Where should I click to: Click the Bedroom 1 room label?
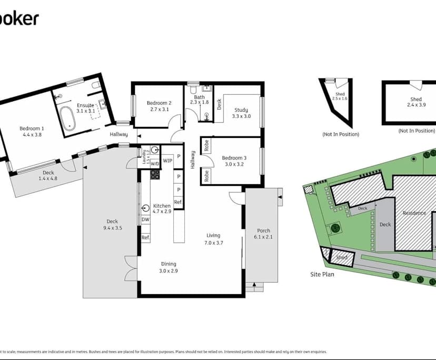32,128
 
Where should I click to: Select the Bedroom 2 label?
158,103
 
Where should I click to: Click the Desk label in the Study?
219,104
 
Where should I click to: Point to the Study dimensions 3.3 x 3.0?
242,116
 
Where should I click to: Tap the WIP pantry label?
167,161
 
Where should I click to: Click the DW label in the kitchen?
145,219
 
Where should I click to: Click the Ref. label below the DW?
145,238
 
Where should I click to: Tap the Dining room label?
169,264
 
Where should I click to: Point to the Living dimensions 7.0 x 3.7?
213,243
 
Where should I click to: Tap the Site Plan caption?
322,274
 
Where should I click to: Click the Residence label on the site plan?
414,213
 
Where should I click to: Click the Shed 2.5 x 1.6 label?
340,96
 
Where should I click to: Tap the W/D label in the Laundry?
155,164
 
